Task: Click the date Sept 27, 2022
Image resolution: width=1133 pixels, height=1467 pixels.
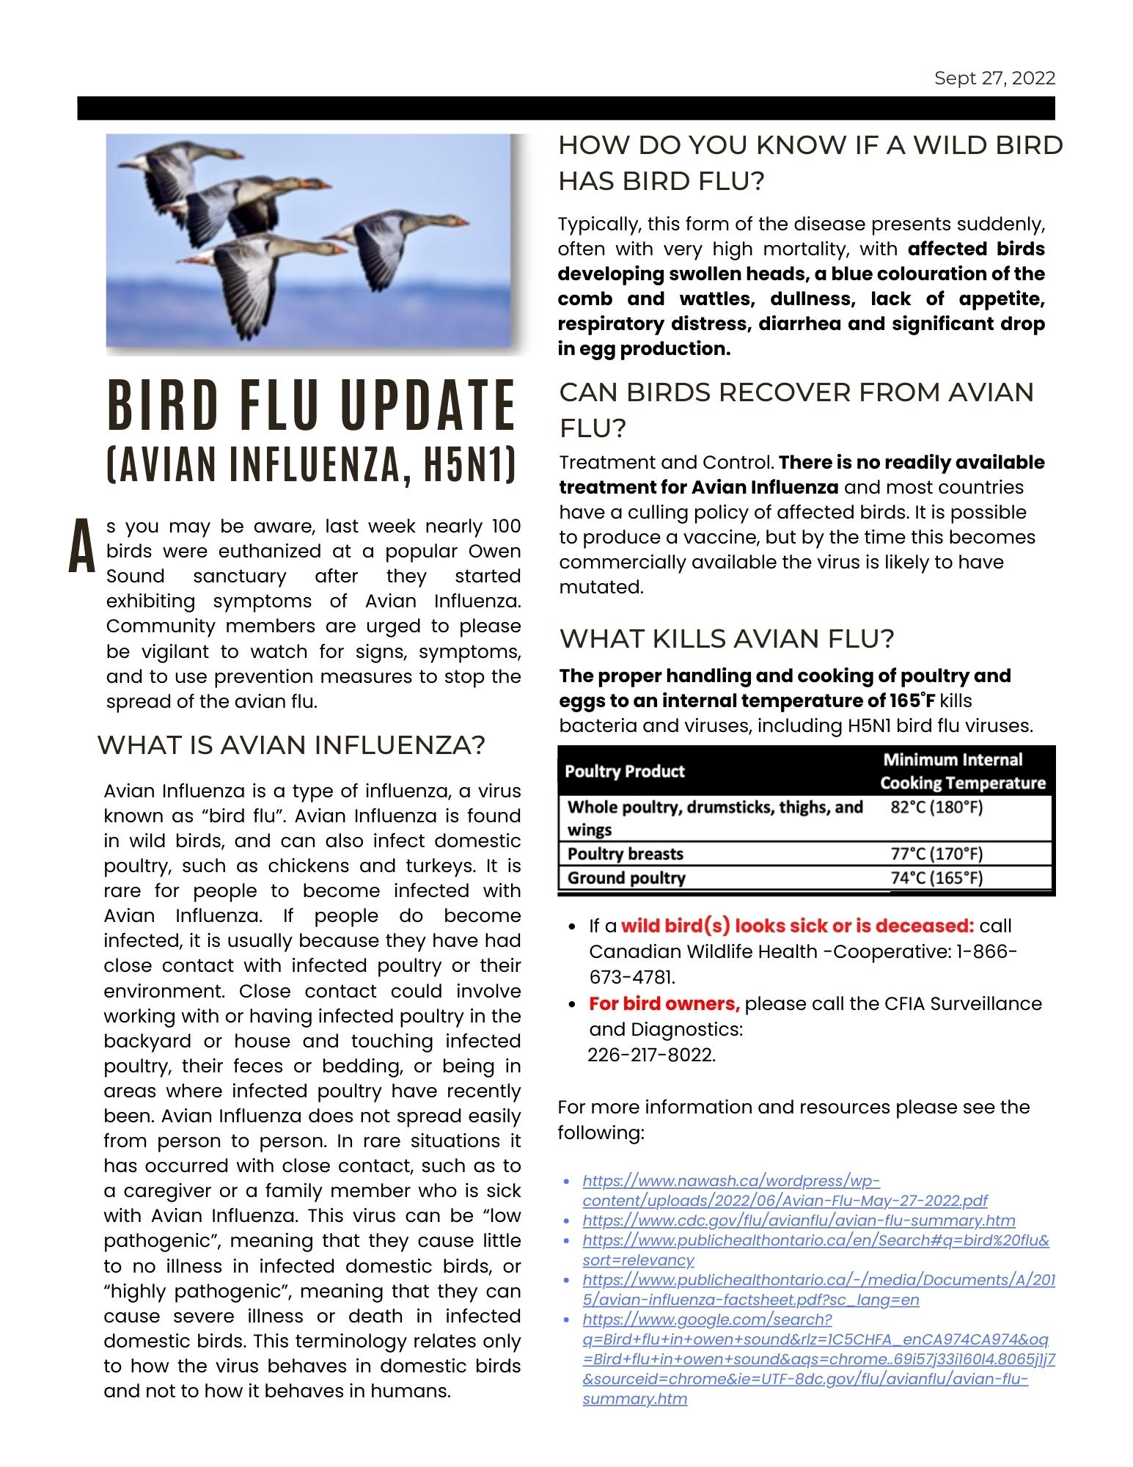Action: (x=994, y=78)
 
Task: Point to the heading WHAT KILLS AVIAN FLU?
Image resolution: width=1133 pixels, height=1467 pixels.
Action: (x=727, y=638)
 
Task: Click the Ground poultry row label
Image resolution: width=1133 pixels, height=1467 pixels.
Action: (x=626, y=878)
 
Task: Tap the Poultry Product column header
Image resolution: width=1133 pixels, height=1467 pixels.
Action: (x=625, y=772)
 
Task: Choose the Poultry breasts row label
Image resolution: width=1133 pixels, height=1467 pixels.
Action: (x=625, y=854)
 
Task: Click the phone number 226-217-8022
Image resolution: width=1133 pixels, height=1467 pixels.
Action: (x=651, y=1055)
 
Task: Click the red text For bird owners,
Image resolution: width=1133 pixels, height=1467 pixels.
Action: (x=664, y=1003)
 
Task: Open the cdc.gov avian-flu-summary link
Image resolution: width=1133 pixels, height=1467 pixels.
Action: (x=799, y=1221)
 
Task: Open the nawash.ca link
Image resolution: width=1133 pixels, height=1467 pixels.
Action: (x=785, y=1190)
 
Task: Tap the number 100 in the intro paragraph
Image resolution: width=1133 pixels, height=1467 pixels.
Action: (x=505, y=526)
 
